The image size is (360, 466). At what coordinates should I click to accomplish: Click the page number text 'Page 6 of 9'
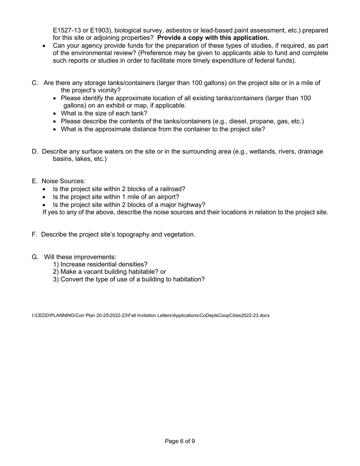coord(180,441)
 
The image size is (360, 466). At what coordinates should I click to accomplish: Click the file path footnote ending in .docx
coord(150,315)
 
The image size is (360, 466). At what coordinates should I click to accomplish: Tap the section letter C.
coord(34,83)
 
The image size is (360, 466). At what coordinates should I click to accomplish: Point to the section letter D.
coord(34,152)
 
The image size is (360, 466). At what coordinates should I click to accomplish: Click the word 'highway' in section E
coord(191,205)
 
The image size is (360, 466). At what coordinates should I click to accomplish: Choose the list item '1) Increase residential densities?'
coord(100,264)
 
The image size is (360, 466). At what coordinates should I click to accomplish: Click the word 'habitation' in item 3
coord(188,280)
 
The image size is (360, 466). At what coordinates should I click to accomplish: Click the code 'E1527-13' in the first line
coord(66,30)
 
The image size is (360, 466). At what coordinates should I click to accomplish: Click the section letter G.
coord(35,257)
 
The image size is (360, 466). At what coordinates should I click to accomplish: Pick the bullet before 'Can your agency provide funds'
coord(44,45)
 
